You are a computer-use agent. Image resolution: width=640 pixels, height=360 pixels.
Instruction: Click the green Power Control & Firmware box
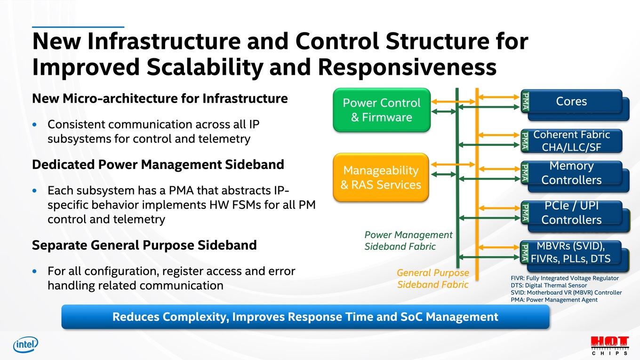pos(382,110)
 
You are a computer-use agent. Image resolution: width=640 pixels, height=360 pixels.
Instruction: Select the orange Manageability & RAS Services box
pos(381,177)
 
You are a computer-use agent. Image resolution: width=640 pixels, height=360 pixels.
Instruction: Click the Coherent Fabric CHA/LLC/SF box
pos(571,141)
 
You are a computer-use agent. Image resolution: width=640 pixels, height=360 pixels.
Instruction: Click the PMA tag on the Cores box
pos(525,102)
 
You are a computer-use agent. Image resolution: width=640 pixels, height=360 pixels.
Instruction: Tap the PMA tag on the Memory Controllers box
pos(525,173)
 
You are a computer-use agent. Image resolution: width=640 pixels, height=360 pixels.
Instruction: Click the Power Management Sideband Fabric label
pos(408,240)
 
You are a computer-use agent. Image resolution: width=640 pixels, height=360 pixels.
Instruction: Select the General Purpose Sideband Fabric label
pos(433,279)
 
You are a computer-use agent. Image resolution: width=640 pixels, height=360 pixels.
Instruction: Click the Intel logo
pos(25,344)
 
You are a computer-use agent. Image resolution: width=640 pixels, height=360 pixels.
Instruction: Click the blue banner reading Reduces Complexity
pos(305,317)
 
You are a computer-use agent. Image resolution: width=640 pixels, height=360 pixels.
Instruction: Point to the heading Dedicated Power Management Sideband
pos(158,165)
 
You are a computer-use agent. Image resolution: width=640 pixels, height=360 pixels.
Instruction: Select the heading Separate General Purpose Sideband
pos(144,245)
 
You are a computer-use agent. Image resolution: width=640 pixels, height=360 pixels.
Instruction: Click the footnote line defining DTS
pos(549,286)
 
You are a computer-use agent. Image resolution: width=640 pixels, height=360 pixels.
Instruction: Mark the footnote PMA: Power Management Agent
pos(554,300)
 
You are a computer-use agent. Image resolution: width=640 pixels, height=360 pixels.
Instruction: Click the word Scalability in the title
pos(205,67)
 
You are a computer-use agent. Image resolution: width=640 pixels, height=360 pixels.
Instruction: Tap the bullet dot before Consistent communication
pos(34,125)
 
